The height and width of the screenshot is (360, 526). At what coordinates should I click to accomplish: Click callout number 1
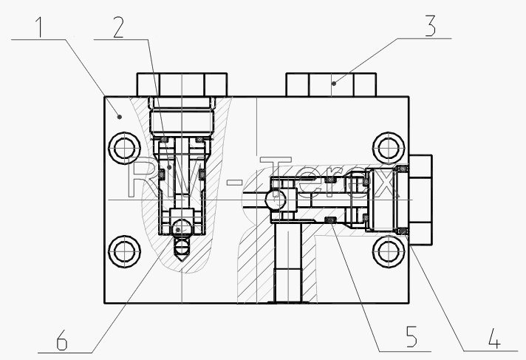pos(40,27)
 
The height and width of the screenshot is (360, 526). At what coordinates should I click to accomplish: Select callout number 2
pos(118,27)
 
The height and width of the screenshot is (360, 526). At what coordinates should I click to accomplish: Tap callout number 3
pos(431,26)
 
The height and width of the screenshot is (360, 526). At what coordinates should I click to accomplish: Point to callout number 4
pos(494,338)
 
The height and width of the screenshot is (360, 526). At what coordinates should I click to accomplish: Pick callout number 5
pos(411,336)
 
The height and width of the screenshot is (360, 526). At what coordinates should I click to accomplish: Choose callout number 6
pos(62,340)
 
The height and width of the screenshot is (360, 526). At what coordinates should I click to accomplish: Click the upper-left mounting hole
pos(124,148)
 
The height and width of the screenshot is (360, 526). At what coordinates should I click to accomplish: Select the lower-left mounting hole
pos(124,251)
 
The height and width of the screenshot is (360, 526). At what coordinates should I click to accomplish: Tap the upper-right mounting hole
pos(389,148)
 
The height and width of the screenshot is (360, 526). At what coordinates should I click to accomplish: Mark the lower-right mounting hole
pos(389,251)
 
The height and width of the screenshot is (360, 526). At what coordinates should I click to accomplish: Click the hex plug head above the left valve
pos(182,84)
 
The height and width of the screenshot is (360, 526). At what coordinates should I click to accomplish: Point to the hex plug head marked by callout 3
pos(331,84)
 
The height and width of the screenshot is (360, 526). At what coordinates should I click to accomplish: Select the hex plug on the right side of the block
pos(420,200)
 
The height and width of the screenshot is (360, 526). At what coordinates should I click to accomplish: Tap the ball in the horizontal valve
pos(276,200)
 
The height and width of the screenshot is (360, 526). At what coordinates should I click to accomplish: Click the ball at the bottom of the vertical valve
pos(182,228)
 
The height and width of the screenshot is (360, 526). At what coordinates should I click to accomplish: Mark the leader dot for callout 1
pos(119,117)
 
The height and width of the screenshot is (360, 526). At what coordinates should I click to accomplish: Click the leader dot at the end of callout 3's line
pos(334,83)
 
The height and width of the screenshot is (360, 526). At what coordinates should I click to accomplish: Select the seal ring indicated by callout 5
pos(331,220)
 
